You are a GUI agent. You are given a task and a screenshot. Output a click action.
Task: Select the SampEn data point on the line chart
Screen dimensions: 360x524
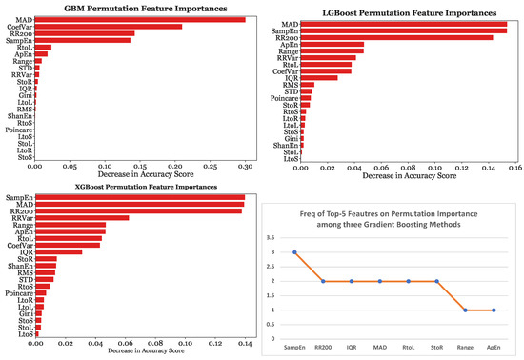click(293, 252)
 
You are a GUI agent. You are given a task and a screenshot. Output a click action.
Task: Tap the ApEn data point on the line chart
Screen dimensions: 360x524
click(494, 310)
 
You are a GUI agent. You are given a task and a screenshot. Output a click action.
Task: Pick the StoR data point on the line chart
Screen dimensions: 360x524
click(436, 281)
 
